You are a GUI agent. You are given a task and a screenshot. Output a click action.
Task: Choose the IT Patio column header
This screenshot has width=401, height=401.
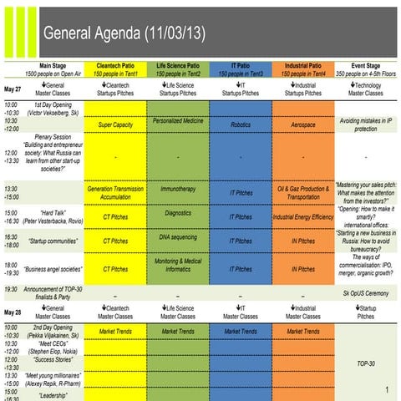pos(241,69)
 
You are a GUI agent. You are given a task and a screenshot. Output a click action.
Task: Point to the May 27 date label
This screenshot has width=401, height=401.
pos(13,89)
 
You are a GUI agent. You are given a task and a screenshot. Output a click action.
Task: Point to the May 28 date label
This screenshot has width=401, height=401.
pos(13,312)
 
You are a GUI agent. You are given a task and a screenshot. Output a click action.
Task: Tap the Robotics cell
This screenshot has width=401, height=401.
pos(241,124)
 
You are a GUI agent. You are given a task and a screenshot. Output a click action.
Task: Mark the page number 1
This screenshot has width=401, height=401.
pos(388,390)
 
